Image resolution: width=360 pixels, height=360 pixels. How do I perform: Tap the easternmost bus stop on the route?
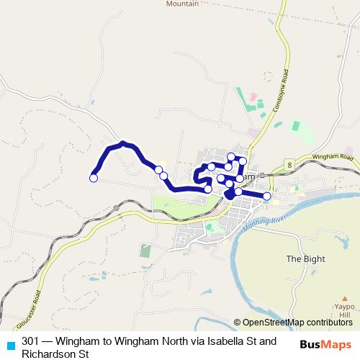266,196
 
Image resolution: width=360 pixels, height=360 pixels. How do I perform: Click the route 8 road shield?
288,165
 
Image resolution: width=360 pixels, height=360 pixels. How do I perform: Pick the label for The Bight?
305,259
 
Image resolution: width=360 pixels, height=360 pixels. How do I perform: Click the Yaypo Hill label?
345,310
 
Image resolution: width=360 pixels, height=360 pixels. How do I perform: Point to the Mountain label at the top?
182,4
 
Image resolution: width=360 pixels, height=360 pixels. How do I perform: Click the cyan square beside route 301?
10,345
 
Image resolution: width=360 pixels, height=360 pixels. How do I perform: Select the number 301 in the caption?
31,341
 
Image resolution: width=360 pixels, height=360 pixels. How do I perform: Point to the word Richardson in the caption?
48,354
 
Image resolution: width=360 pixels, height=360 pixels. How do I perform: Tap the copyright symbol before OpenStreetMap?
238,322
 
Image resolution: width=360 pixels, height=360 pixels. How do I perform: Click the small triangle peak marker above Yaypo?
345,295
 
